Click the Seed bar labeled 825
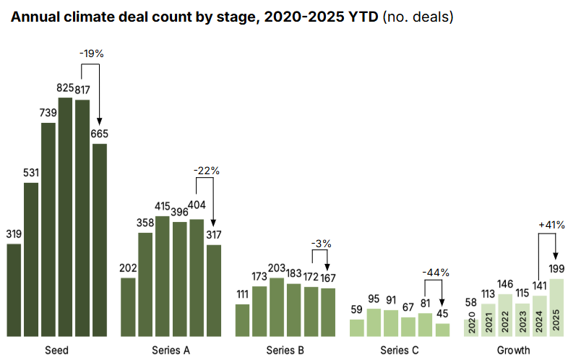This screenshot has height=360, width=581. (x=65, y=217)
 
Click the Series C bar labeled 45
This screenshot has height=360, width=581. (x=442, y=330)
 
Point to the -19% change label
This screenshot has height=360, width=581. (x=92, y=53)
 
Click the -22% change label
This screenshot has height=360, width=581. (x=206, y=171)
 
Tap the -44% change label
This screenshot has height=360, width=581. (x=436, y=273)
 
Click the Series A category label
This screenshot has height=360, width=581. (x=171, y=351)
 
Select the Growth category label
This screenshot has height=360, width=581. (x=513, y=351)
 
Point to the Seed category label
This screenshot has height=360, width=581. (x=56, y=351)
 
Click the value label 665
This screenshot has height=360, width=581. (x=100, y=134)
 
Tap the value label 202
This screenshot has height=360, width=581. (x=128, y=268)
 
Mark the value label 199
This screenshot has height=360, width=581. (x=556, y=270)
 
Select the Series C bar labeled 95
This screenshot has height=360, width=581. (x=374, y=322)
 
